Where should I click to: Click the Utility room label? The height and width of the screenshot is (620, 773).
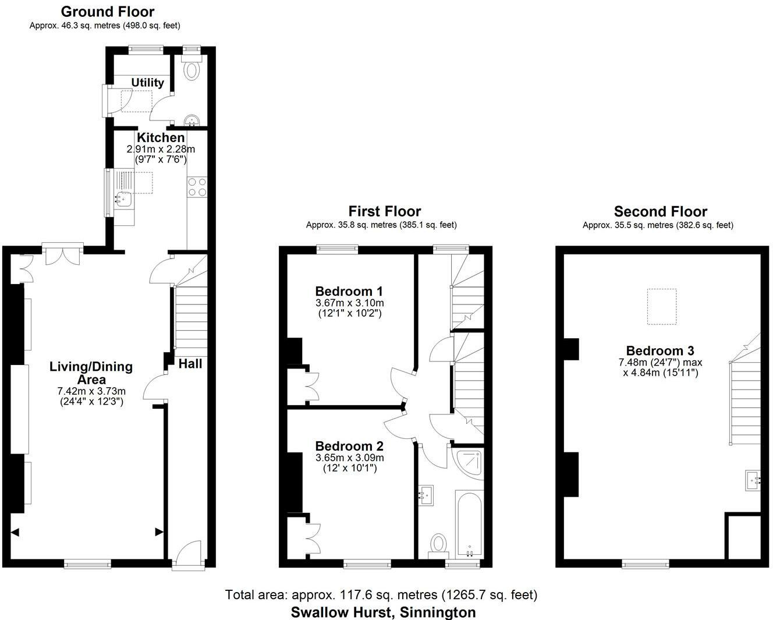tap(147, 83)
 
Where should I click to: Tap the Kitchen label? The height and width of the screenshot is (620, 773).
tap(161, 138)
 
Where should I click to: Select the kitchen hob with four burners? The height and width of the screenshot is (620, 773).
tap(197, 187)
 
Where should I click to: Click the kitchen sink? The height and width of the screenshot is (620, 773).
tap(123, 199)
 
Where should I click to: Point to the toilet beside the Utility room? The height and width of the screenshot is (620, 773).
tap(191, 70)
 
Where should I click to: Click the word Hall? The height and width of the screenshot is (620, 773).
tap(190, 364)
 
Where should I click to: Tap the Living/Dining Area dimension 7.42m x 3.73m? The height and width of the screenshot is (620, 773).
tap(91, 391)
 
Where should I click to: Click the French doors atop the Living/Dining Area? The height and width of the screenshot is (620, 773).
tap(62, 254)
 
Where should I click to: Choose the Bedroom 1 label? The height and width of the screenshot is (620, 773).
tap(349, 291)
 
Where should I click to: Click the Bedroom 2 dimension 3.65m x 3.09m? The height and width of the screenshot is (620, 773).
tap(349, 458)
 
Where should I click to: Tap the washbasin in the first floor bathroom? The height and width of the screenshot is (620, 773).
tap(426, 495)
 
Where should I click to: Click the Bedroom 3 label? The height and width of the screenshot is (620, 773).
tap(660, 350)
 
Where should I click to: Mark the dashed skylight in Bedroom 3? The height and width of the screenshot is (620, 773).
tap(662, 307)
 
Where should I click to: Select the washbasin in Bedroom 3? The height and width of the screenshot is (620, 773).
tap(754, 481)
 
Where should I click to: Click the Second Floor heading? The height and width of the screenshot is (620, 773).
tap(660, 211)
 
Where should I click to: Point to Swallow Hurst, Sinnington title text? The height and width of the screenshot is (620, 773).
tap(383, 612)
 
